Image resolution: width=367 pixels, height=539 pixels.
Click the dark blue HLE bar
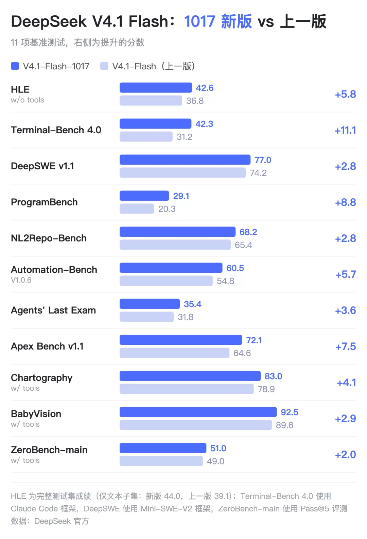pos(156,88)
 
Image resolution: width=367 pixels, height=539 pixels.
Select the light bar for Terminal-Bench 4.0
pos(146,137)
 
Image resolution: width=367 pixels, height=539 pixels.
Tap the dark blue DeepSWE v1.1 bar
pos(185,160)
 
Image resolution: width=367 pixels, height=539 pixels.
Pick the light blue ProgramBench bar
pos(137,208)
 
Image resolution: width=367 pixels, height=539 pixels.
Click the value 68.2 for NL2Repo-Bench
pos(248,232)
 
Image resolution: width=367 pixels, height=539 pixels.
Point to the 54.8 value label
pos(225,281)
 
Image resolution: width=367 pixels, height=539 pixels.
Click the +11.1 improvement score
pos(345,131)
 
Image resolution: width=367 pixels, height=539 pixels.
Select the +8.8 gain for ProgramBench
pos(345,202)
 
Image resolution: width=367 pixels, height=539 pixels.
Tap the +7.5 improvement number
pos(346,347)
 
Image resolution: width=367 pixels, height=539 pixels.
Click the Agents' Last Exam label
pos(53,310)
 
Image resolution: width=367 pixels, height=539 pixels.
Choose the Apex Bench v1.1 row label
pos(47,346)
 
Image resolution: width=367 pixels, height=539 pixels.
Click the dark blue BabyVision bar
pos(198,412)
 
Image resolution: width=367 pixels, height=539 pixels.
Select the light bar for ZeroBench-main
pos(161,461)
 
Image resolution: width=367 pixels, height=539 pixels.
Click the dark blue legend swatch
pos(15,66)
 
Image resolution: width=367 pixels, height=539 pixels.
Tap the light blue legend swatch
pos(104,66)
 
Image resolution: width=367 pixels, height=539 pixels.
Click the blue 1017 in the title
pos(199,21)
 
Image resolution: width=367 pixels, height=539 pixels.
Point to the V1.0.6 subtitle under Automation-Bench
pos(21,280)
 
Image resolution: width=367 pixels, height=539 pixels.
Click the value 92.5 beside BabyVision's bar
pos(290,412)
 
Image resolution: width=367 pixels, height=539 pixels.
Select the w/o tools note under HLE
pos(28,100)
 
